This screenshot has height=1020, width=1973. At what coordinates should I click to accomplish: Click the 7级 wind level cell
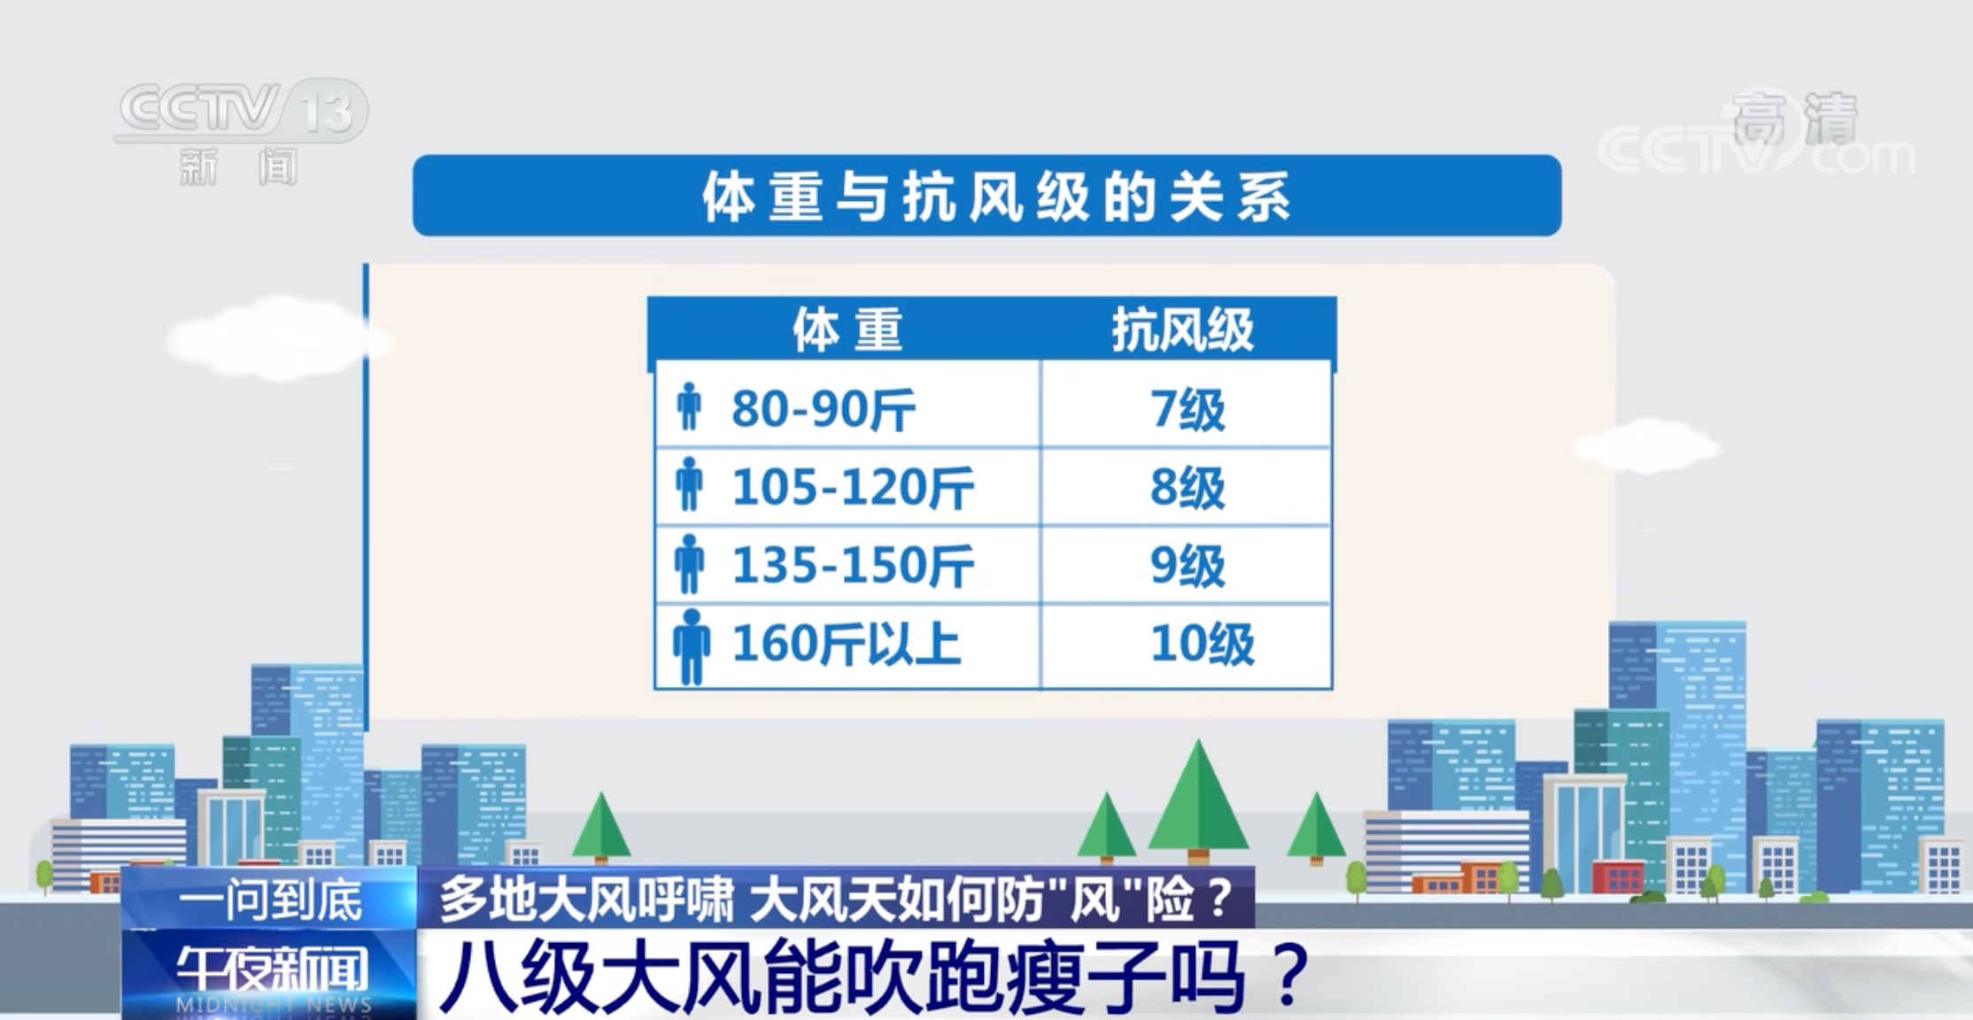click(x=1187, y=409)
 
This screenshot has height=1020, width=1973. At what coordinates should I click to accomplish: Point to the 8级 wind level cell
click(x=1187, y=488)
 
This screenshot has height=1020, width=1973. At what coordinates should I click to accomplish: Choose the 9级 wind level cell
click(x=1187, y=566)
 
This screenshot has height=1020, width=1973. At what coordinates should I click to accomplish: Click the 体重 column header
click(x=847, y=330)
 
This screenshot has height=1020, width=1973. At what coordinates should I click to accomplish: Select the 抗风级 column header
click(x=1183, y=330)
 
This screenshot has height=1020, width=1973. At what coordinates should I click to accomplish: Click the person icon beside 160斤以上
click(x=691, y=646)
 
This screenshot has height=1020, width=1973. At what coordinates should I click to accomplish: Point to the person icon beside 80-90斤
click(x=689, y=407)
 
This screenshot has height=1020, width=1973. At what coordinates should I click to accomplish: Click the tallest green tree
click(x=1197, y=801)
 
